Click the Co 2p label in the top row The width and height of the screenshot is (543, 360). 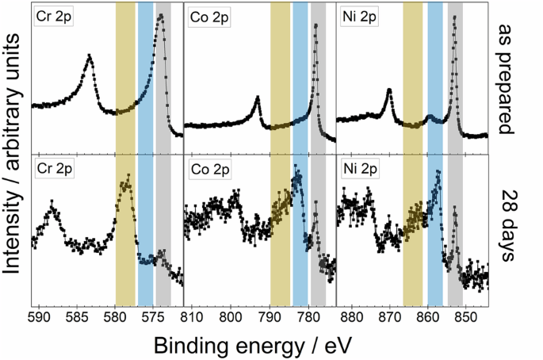(208, 17)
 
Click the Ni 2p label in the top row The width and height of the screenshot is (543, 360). (361, 17)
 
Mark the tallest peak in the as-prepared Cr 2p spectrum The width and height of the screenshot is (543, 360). (161, 15)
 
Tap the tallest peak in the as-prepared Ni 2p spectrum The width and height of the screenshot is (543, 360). (454, 17)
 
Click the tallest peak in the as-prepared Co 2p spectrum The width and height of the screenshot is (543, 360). (315, 25)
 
